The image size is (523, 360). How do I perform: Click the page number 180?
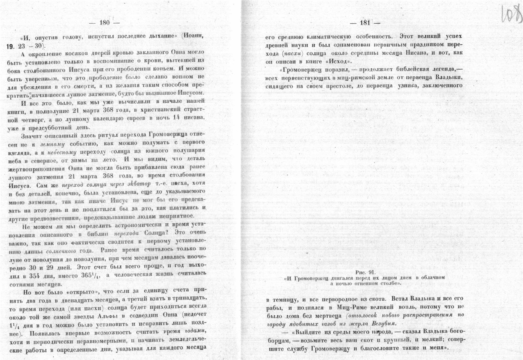[104, 23]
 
